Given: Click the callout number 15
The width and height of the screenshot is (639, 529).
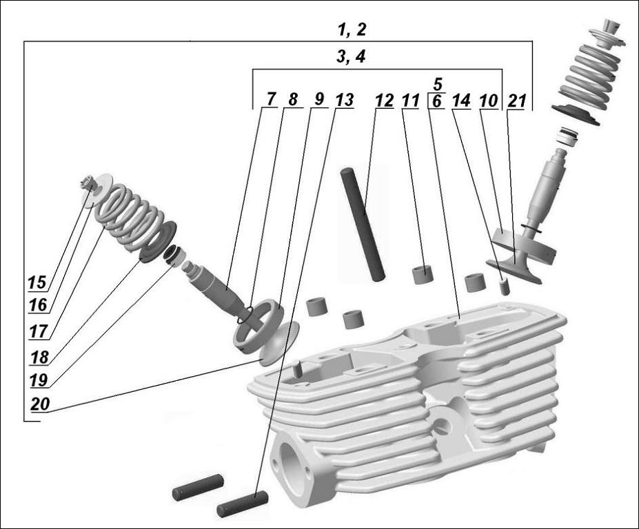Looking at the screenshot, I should pyautogui.click(x=37, y=282).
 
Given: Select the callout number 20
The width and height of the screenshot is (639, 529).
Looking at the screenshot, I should pyautogui.click(x=40, y=404).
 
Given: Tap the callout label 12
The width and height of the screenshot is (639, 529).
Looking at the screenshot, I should pyautogui.click(x=384, y=100).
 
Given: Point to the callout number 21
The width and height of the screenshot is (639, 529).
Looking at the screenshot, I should pyautogui.click(x=516, y=100).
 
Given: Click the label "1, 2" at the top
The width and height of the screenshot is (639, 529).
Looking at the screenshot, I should pyautogui.click(x=352, y=30).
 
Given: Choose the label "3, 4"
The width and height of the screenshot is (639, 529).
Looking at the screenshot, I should pyautogui.click(x=351, y=58).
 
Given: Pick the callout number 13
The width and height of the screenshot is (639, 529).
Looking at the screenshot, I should pyautogui.click(x=343, y=100).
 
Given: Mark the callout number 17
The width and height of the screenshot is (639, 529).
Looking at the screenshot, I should pyautogui.click(x=38, y=331).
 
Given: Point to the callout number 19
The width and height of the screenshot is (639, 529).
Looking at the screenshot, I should pyautogui.click(x=39, y=380).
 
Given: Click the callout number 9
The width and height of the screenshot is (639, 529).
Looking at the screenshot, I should pyautogui.click(x=318, y=100).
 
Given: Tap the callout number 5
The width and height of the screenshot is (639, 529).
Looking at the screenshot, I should pyautogui.click(x=436, y=85).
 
